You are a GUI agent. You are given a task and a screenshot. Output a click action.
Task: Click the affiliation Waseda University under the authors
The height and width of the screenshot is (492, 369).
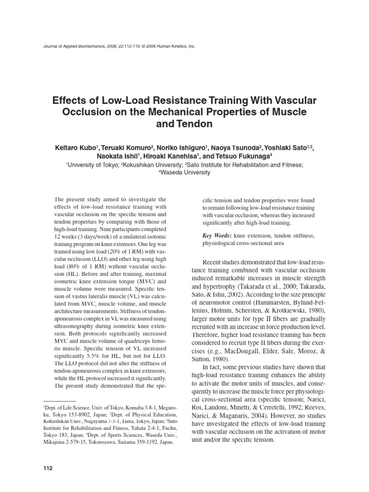point(184,172)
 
